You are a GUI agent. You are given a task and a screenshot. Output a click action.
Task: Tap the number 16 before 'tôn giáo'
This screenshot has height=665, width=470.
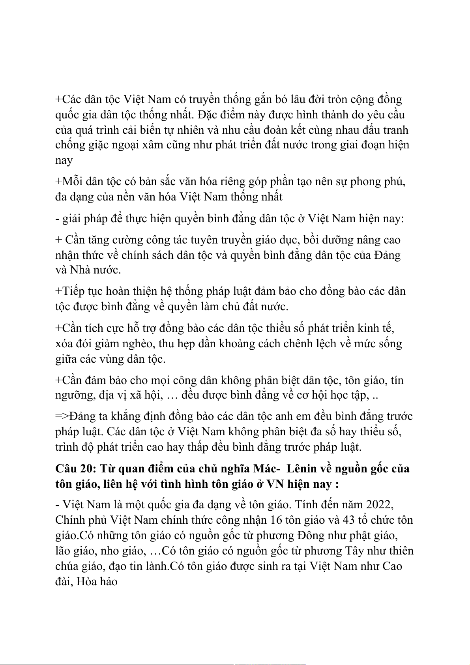pos(276,520)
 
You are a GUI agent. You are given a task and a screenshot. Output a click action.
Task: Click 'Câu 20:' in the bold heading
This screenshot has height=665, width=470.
pos(75,468)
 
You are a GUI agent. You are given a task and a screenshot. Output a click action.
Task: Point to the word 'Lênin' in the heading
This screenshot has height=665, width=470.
pos(301,468)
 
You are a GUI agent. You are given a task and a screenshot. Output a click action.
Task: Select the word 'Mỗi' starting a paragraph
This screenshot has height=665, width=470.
pos(71,182)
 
